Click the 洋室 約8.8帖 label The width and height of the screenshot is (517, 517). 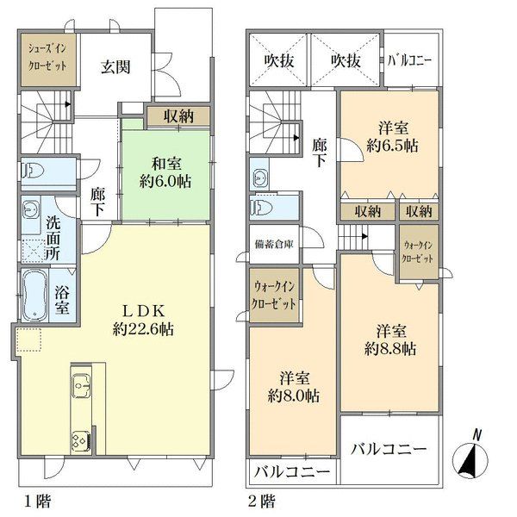click(x=389, y=339)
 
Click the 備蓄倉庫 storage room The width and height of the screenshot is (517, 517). click(x=274, y=244)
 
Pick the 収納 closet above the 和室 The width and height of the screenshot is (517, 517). click(x=175, y=116)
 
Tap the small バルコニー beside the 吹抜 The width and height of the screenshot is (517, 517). click(x=410, y=63)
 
